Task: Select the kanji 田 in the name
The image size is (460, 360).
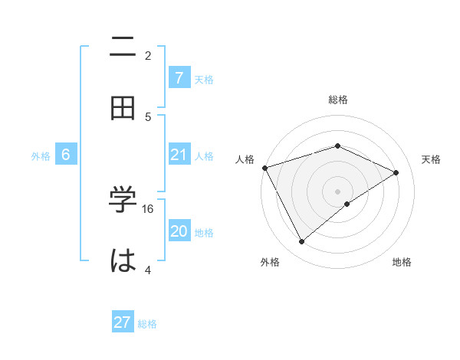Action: pyautogui.click(x=123, y=109)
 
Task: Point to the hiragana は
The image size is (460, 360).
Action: pyautogui.click(x=123, y=260)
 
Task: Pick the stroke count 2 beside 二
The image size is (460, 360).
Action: pyautogui.click(x=149, y=56)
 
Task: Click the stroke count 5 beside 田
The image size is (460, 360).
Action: pyautogui.click(x=149, y=116)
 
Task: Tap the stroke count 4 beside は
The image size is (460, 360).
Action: pyautogui.click(x=149, y=270)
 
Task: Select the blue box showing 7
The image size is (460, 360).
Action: pyautogui.click(x=179, y=78)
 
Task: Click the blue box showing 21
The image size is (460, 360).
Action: pyautogui.click(x=179, y=155)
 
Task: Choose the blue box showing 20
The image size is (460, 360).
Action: pyautogui.click(x=179, y=231)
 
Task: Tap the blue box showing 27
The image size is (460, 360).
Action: pyautogui.click(x=122, y=322)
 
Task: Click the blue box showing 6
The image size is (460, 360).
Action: pyautogui.click(x=66, y=155)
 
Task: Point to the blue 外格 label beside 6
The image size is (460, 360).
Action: pyautogui.click(x=41, y=155)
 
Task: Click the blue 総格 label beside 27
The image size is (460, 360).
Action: pyautogui.click(x=147, y=323)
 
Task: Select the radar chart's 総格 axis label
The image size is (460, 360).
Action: pyautogui.click(x=337, y=100)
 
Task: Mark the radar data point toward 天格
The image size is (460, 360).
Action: pyautogui.click(x=396, y=172)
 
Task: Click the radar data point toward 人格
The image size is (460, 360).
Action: pyautogui.click(x=264, y=168)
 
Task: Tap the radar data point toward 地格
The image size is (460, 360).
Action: pyautogui.click(x=347, y=204)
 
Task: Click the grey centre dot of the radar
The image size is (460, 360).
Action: pyautogui.click(x=337, y=191)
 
